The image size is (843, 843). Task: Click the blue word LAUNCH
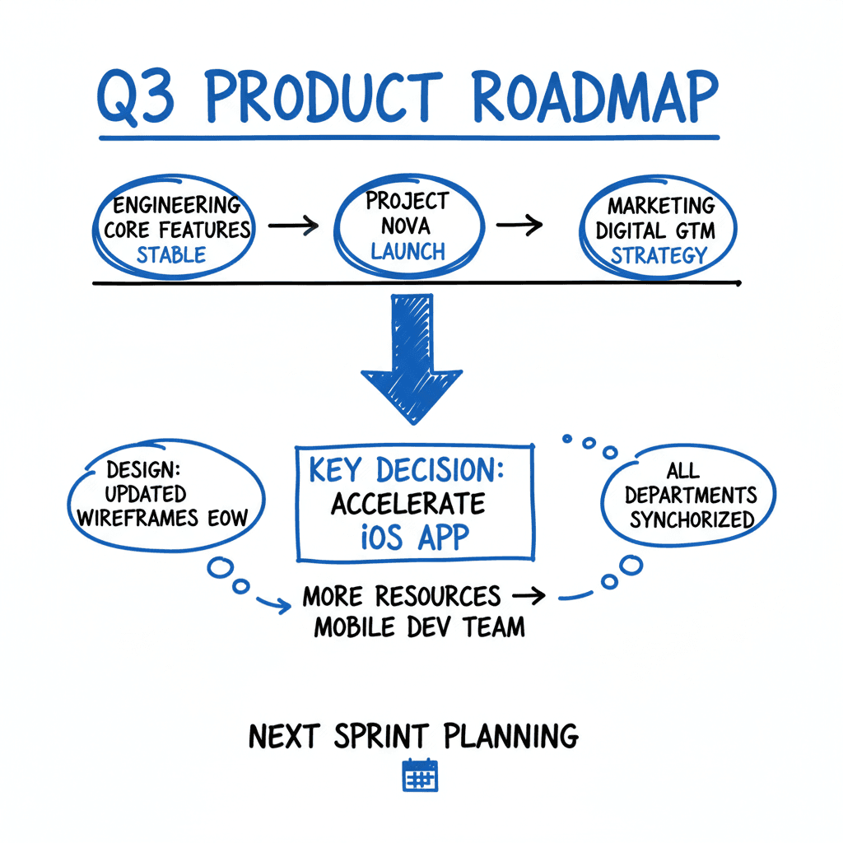click(408, 251)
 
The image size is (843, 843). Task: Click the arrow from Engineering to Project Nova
click(292, 225)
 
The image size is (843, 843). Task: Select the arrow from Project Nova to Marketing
click(519, 225)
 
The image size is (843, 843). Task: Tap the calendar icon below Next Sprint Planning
click(420, 775)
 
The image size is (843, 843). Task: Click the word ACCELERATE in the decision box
click(408, 502)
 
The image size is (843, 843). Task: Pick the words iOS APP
click(415, 536)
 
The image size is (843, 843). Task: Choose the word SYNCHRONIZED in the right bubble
click(692, 519)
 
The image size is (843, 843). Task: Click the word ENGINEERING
click(177, 204)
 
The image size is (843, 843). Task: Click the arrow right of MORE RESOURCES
click(529, 594)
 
